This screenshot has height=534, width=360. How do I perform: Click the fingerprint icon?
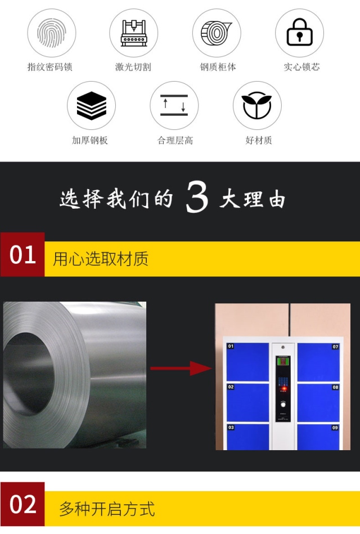pyautogui.click(x=51, y=33)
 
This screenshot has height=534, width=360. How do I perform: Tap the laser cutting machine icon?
pyautogui.click(x=134, y=33)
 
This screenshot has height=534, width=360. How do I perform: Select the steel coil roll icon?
pyautogui.click(x=216, y=33)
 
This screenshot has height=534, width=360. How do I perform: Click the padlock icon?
pyautogui.click(x=299, y=32)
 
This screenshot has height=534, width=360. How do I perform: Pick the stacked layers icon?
pyautogui.click(x=91, y=106)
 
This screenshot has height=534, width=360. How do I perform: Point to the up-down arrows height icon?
pyautogui.click(x=174, y=105)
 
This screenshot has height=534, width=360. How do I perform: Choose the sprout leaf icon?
pyautogui.click(x=257, y=105)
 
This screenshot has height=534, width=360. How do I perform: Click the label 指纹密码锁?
pyautogui.click(x=49, y=67)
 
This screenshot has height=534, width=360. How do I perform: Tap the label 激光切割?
pyautogui.click(x=133, y=67)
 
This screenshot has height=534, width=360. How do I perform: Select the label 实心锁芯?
pyautogui.click(x=301, y=67)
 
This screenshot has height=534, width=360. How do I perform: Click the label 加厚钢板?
pyautogui.click(x=89, y=140)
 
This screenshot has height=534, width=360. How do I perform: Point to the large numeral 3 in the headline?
pyautogui.click(x=197, y=197)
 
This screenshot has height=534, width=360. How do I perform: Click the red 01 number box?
pyautogui.click(x=22, y=254)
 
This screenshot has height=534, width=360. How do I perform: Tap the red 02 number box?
pyautogui.click(x=22, y=504)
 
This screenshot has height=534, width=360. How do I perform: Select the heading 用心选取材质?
pyautogui.click(x=101, y=259)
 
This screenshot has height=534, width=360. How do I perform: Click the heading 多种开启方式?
pyautogui.click(x=107, y=509)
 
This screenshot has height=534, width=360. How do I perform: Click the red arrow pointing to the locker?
pyautogui.click(x=181, y=368)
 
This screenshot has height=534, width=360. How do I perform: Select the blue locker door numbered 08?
pyautogui.click(x=318, y=402)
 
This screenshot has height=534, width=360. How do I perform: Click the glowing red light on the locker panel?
pyautogui.click(x=282, y=389)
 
